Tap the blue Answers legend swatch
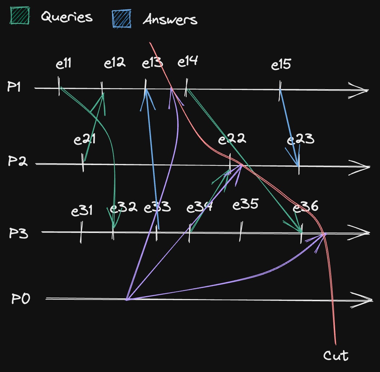click(x=121, y=19)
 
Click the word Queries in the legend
click(x=67, y=17)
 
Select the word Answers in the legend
click(x=170, y=20)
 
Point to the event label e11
click(x=64, y=64)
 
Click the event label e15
click(x=281, y=65)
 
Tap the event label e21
click(x=84, y=139)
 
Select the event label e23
click(x=300, y=139)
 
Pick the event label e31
click(x=82, y=211)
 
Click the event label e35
click(x=245, y=204)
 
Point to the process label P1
click(x=14, y=86)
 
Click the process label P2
click(x=18, y=160)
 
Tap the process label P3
click(x=19, y=233)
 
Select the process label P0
click(x=21, y=299)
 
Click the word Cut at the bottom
click(x=336, y=355)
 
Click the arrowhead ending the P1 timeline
click(x=358, y=90)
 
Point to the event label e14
click(x=188, y=61)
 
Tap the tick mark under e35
click(x=241, y=232)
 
